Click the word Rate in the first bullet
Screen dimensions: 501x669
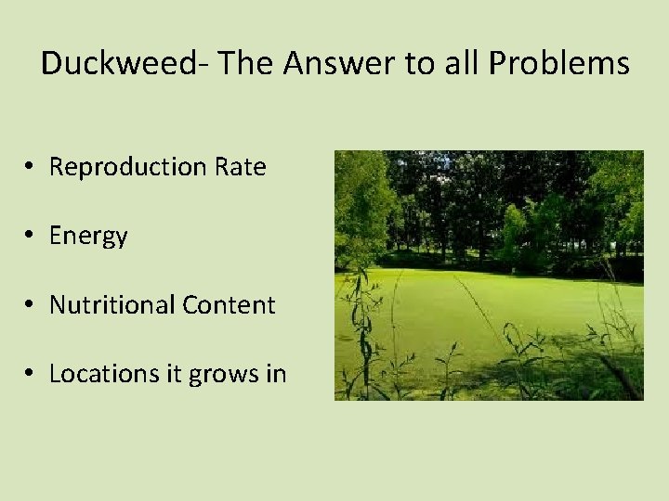(240, 167)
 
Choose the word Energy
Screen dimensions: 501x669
(88, 237)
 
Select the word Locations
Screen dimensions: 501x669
(100, 374)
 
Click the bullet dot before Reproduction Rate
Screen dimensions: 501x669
(31, 167)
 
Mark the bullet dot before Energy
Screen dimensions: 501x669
(31, 236)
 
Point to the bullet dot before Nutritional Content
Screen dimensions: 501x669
(31, 305)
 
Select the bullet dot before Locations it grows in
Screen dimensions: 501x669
(31, 374)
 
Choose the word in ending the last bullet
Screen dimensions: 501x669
(276, 374)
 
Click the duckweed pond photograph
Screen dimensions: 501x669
(489, 276)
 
